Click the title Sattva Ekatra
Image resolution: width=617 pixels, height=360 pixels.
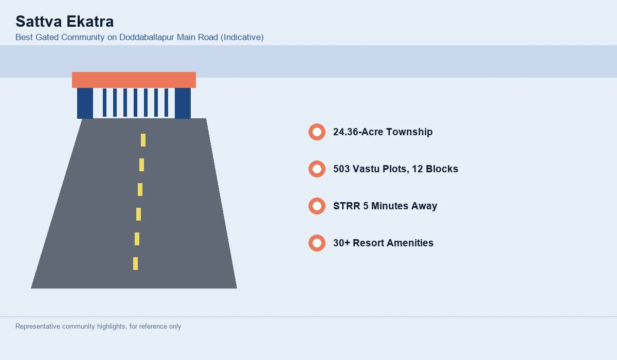[x=64, y=22]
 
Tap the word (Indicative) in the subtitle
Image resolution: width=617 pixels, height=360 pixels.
[x=242, y=37]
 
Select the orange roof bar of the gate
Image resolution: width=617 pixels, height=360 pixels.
[x=134, y=80]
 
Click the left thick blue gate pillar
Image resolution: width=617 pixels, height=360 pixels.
[x=85, y=103]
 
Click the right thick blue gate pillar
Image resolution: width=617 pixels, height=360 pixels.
[x=183, y=103]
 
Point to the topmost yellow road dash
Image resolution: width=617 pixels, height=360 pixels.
[x=143, y=140]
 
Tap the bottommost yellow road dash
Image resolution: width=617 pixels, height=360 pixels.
[x=136, y=264]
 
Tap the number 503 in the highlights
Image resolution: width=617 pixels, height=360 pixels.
[x=341, y=169]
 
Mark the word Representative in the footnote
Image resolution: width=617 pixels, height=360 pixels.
[x=38, y=327]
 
